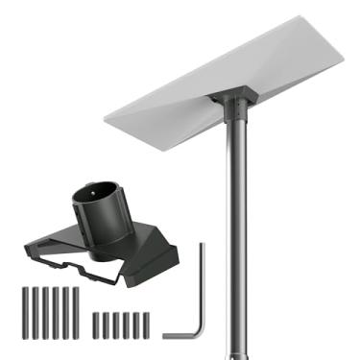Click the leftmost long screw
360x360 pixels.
coord(21,310)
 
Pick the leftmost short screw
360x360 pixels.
coord(95,324)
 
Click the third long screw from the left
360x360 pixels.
coord(42,310)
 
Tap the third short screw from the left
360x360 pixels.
coord(116,324)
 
